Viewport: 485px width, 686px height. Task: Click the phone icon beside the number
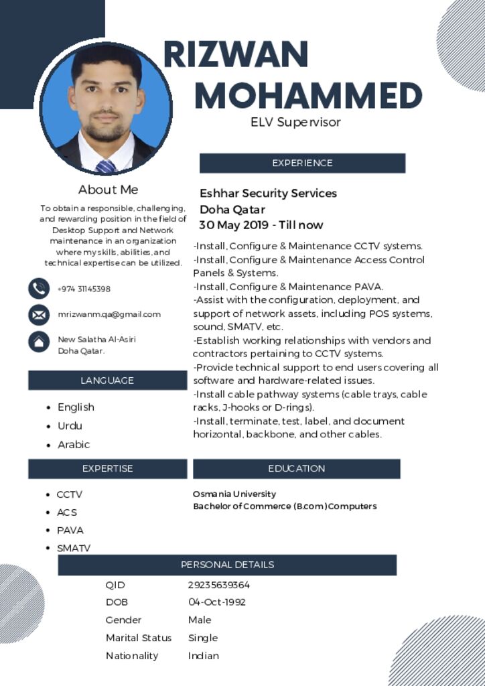click(x=39, y=289)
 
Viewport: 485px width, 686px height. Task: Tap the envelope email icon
click(x=39, y=314)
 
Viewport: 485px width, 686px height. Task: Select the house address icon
click(x=39, y=341)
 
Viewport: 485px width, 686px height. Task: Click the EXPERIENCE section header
click(x=302, y=163)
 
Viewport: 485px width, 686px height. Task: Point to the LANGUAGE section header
click(x=107, y=381)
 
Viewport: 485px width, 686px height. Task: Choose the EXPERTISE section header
click(x=107, y=468)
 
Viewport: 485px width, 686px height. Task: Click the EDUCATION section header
click(x=296, y=468)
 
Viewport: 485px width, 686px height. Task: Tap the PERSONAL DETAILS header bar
click(x=227, y=565)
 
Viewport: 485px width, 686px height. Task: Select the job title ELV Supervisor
click(x=295, y=122)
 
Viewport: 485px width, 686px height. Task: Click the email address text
click(x=109, y=314)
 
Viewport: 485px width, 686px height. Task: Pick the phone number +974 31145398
click(x=84, y=289)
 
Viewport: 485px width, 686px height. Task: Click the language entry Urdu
click(x=70, y=425)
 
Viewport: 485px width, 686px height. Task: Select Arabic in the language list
click(x=74, y=444)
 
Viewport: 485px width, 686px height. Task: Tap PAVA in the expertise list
click(x=70, y=530)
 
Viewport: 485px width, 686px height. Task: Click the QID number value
click(x=219, y=585)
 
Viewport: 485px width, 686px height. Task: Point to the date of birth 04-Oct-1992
click(x=217, y=602)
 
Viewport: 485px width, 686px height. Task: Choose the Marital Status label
click(x=139, y=638)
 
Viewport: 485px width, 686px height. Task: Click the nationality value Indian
click(x=204, y=656)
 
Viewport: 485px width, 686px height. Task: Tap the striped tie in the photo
click(x=105, y=166)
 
